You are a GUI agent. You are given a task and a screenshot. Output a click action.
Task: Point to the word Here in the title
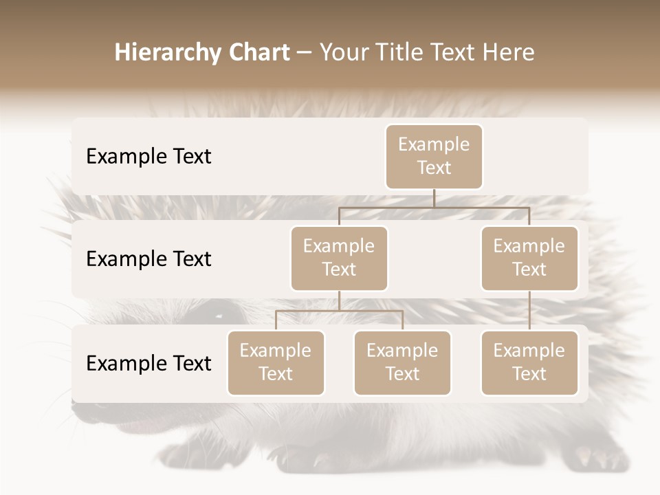[507, 53]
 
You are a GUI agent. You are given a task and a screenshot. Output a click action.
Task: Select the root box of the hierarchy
[434, 157]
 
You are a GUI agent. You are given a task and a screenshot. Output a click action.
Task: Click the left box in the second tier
[339, 258]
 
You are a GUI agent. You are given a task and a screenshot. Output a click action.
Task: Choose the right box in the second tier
[529, 258]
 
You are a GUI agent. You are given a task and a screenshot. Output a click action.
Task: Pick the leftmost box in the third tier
[276, 363]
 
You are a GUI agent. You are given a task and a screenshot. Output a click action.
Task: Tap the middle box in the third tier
[402, 363]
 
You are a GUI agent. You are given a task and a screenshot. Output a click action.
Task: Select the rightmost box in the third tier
[529, 363]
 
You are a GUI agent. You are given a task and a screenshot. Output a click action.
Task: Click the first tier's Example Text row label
[148, 157]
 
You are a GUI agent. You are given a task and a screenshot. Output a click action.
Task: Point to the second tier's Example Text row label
[148, 259]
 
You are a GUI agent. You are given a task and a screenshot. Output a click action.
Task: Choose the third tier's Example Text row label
[148, 364]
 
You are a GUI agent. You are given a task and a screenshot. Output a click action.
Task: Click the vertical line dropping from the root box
[434, 198]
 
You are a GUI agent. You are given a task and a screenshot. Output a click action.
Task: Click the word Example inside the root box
[434, 145]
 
